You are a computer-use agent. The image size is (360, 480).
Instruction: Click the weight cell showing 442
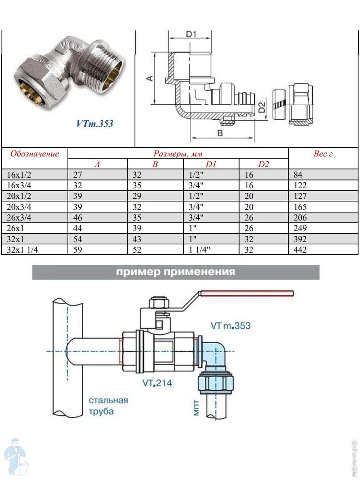click(300, 250)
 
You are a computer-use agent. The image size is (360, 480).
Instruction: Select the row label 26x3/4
click(19, 217)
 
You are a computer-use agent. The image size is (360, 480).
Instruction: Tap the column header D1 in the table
click(211, 164)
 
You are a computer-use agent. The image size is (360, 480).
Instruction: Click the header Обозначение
click(34, 153)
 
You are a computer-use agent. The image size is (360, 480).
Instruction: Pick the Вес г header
click(323, 154)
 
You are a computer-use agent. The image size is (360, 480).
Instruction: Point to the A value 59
click(77, 250)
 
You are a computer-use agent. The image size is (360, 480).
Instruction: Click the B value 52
click(137, 250)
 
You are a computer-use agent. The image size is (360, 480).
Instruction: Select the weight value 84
click(298, 175)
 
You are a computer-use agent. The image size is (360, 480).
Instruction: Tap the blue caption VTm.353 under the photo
click(95, 123)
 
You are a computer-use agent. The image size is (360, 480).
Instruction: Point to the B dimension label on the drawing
click(220, 133)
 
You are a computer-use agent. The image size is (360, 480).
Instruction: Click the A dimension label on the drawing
click(149, 79)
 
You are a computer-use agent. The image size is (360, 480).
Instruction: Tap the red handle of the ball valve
click(246, 293)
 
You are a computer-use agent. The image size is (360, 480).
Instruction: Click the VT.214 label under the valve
click(157, 383)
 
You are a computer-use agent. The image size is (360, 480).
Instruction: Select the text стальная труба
click(108, 406)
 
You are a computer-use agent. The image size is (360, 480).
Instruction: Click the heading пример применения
click(175, 272)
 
